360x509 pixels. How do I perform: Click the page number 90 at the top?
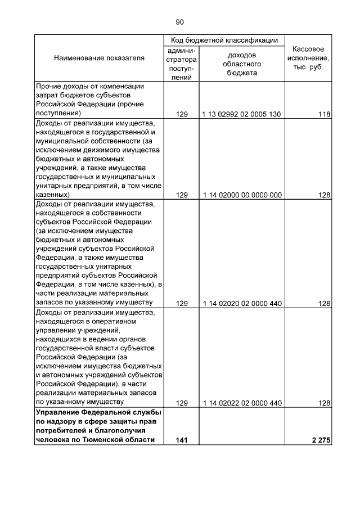pos(179,22)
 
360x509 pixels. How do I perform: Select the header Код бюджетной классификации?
pos(224,40)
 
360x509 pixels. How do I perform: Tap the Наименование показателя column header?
pos(99,58)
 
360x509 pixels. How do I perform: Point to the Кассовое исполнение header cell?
pos(308,58)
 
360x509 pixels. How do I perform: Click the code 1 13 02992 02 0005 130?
pos(242,114)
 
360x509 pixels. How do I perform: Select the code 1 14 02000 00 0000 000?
pos(242,195)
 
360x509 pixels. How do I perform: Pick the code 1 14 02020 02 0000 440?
pos(242,303)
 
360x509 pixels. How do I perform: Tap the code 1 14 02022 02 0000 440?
pos(242,403)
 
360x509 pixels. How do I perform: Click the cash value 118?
pos(323,114)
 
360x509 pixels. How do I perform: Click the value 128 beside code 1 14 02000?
pos(323,195)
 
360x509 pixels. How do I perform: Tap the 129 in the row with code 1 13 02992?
pos(181,114)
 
